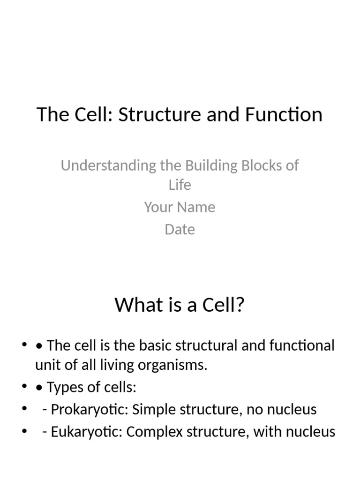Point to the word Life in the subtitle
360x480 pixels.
click(180, 185)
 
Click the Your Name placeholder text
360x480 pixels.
click(180, 207)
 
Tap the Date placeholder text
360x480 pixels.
click(180, 229)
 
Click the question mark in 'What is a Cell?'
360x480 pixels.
click(240, 305)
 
